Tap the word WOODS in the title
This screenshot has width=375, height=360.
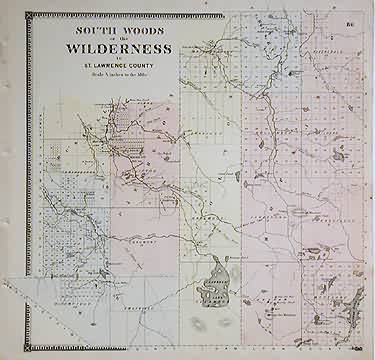click(137, 32)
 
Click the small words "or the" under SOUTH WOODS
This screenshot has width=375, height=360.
click(112, 41)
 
